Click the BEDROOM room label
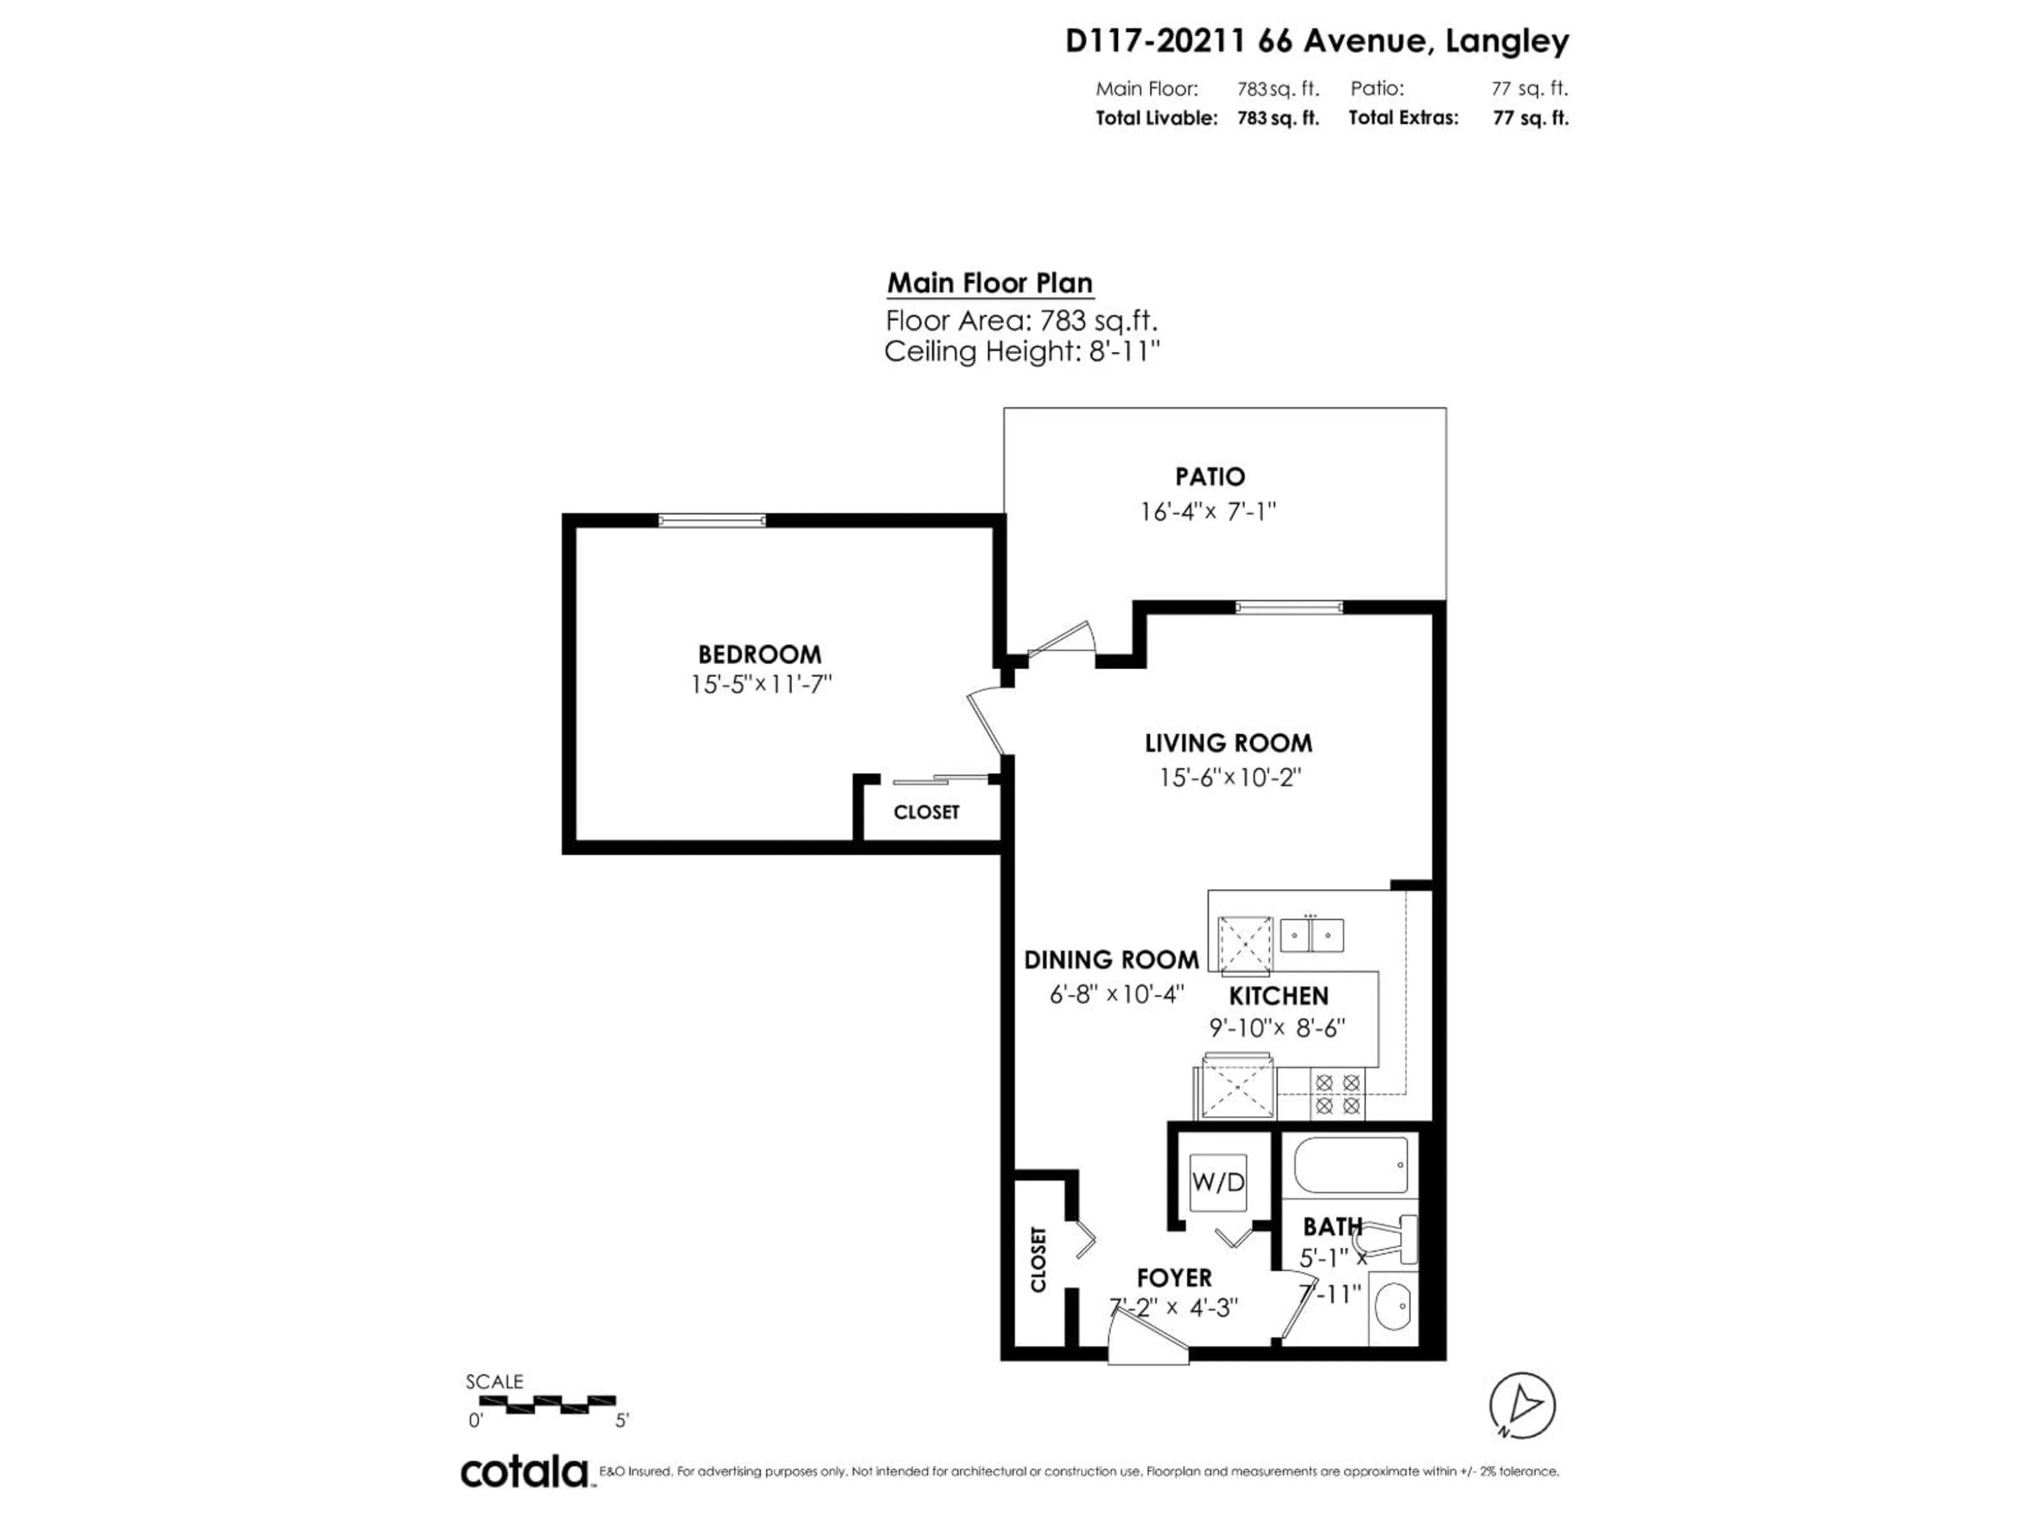[759, 654]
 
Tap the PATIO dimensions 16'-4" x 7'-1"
[1208, 511]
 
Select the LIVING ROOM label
[1228, 743]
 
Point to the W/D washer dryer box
[1218, 1182]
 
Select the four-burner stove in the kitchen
[1337, 1093]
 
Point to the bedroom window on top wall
[712, 520]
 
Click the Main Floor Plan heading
[990, 283]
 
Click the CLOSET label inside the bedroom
[926, 812]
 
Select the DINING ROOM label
[1110, 960]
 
